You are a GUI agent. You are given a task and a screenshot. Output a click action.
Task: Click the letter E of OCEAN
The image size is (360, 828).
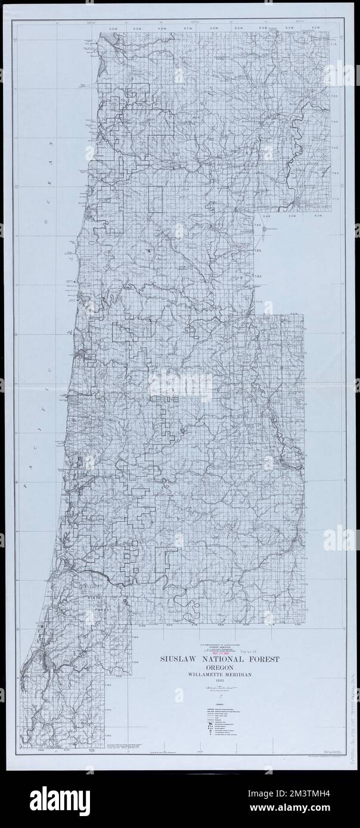(51, 183)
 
